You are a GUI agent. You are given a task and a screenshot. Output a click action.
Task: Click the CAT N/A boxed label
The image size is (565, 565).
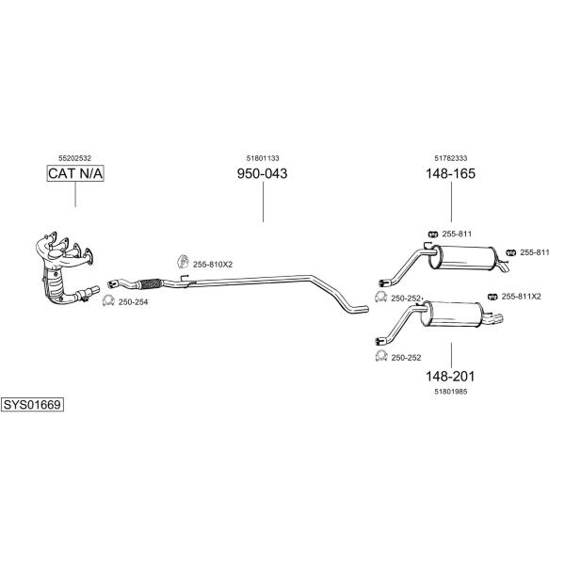(x=75, y=173)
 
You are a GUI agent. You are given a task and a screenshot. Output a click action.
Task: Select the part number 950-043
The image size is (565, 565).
(x=263, y=173)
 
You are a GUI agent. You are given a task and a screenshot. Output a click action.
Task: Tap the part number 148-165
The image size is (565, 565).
(x=451, y=173)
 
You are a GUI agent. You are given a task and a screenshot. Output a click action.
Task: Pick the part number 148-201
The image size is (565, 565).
(x=450, y=377)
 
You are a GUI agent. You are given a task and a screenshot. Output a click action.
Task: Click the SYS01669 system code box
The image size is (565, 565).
(x=32, y=405)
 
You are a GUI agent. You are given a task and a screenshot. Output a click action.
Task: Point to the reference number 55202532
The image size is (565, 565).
(x=75, y=158)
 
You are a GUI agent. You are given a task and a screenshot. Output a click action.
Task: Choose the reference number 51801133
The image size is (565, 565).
(x=263, y=158)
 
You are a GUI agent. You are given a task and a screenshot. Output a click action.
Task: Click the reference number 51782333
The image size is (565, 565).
(x=451, y=158)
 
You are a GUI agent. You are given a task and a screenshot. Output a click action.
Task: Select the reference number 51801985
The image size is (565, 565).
(x=451, y=392)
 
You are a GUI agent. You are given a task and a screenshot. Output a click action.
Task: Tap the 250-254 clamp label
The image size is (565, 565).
(x=133, y=302)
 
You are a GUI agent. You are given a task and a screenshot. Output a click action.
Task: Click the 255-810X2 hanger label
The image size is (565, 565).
(x=213, y=265)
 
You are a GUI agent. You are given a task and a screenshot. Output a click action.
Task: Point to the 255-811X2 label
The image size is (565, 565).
(x=522, y=297)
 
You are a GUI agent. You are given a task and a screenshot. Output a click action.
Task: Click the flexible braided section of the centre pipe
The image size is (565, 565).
(x=150, y=283)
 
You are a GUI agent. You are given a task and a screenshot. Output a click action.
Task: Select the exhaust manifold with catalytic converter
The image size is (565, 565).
(x=67, y=266)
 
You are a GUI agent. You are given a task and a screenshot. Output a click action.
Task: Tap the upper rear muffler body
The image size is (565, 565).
(x=462, y=257)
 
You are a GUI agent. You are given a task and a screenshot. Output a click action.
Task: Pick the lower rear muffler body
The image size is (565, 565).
(x=453, y=315)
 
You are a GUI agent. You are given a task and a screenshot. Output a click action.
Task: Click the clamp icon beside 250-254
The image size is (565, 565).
(x=108, y=300)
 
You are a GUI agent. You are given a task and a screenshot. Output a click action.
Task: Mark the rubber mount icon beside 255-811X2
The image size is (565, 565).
(x=492, y=297)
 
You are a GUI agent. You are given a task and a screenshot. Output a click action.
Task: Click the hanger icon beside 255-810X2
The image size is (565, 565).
(x=183, y=262)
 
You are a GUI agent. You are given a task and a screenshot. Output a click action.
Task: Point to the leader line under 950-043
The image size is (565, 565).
(x=263, y=202)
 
